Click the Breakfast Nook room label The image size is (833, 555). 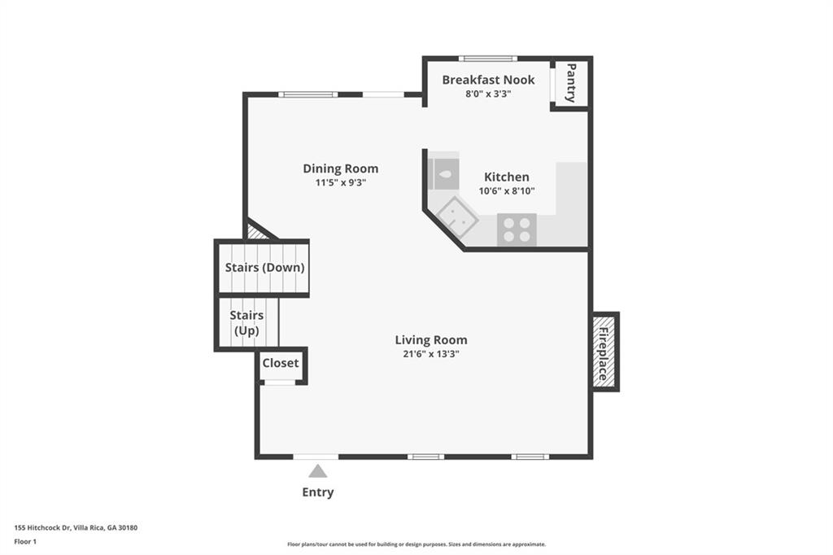click(x=488, y=80)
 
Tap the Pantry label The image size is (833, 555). click(x=571, y=83)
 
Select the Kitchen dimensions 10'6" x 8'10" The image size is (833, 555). click(x=507, y=191)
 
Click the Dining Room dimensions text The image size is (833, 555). click(x=341, y=182)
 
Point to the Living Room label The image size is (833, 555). click(x=431, y=339)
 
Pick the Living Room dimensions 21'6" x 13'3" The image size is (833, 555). click(x=431, y=353)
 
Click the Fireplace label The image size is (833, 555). click(x=603, y=353)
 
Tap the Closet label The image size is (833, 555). click(x=281, y=363)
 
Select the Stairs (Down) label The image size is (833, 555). click(x=264, y=268)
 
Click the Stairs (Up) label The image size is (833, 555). click(x=246, y=323)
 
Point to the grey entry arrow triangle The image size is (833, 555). click(x=318, y=471)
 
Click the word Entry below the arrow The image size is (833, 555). click(x=318, y=492)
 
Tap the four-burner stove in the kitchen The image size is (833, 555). click(x=517, y=229)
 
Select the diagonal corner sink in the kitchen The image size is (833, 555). click(x=457, y=217)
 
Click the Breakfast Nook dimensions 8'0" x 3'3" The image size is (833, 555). click(x=488, y=94)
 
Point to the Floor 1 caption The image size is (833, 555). click(x=25, y=542)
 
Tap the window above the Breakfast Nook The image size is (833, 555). click(x=488, y=59)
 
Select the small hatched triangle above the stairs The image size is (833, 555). click(x=257, y=232)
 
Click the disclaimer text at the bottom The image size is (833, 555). click(x=416, y=544)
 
